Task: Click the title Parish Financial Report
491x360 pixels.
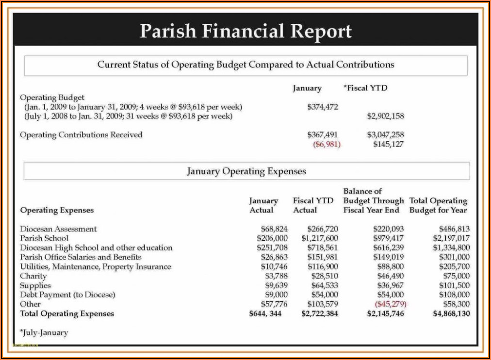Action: [x=245, y=31]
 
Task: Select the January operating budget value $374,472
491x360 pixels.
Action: [x=323, y=107]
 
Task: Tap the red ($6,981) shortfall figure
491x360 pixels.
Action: [x=327, y=144]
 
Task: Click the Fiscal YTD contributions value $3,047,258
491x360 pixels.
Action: [x=385, y=135]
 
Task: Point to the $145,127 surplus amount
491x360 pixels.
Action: [x=388, y=144]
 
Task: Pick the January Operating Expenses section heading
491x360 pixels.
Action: [x=246, y=171]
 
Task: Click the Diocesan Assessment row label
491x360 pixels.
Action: [x=58, y=229]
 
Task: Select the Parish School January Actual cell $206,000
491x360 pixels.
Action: [x=272, y=238]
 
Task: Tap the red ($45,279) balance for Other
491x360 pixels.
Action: [x=390, y=304]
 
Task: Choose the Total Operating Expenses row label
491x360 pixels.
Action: [x=67, y=314]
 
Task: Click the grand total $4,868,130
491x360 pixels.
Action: [x=451, y=314]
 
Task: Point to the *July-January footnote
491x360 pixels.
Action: [x=44, y=333]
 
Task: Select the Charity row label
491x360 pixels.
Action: [x=33, y=276]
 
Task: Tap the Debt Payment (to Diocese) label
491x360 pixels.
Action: [x=67, y=295]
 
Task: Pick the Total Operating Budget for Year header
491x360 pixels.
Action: [x=438, y=205]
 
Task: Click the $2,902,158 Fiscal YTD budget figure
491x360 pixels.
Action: [x=385, y=116]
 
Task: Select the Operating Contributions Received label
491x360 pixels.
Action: [x=81, y=135]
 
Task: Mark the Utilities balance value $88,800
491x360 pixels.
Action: [x=390, y=267]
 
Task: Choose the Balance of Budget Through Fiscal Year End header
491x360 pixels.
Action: [x=373, y=200]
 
